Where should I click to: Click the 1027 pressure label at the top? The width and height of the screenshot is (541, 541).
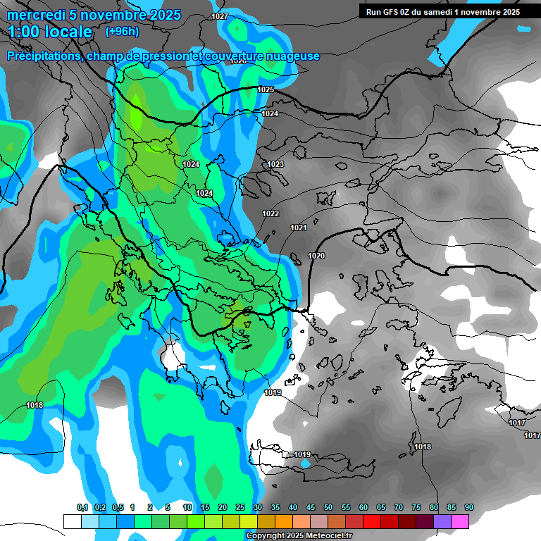point(220,16)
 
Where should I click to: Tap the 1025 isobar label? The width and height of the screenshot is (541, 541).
point(266,89)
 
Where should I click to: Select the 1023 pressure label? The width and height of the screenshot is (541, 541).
point(275,164)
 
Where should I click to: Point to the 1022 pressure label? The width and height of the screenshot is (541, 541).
point(270,213)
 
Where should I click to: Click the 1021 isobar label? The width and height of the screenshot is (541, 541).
point(299,228)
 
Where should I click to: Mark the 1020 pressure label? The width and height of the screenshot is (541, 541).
point(316,256)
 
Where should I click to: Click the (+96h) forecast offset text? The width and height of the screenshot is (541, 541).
point(122,31)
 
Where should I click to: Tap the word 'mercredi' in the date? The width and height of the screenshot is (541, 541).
point(31,15)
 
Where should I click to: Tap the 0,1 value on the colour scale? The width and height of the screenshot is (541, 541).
point(82,507)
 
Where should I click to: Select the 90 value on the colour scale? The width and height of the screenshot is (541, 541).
point(468,507)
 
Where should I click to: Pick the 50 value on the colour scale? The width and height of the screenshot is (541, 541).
point(328,507)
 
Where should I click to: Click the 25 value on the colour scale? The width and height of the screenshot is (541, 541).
point(240,507)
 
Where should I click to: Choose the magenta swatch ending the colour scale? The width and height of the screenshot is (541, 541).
point(459,521)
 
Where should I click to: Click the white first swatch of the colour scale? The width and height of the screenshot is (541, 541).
point(72,521)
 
